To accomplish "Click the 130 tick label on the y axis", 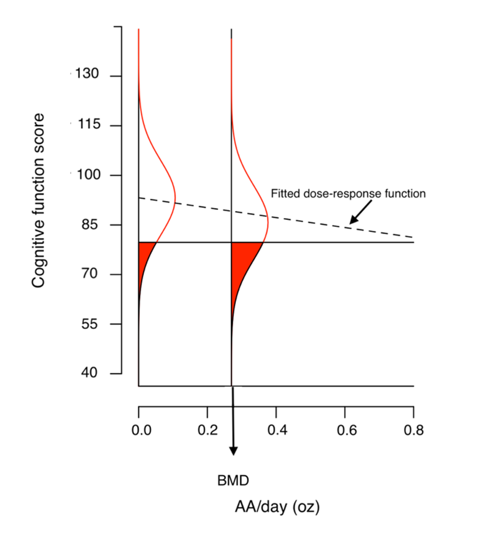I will pyautogui.click(x=87, y=74).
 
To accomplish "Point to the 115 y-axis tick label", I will pyautogui.click(x=89, y=124).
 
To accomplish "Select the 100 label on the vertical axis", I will pyautogui.click(x=89, y=175).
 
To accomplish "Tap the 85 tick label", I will pyautogui.click(x=90, y=224).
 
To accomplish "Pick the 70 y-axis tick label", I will pyautogui.click(x=90, y=273).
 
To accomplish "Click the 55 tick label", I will pyautogui.click(x=90, y=324).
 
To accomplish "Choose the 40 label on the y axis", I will pyautogui.click(x=89, y=372).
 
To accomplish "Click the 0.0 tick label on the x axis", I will pyautogui.click(x=141, y=430).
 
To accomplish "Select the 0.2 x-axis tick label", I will pyautogui.click(x=208, y=430).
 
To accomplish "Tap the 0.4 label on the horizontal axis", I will pyautogui.click(x=277, y=430).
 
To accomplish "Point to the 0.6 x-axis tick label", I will pyautogui.click(x=347, y=430).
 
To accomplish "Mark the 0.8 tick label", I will pyautogui.click(x=413, y=430).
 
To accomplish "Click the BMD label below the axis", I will pyautogui.click(x=233, y=480).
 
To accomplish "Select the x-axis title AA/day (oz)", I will pyautogui.click(x=277, y=507).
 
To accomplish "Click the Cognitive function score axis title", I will pyautogui.click(x=38, y=200).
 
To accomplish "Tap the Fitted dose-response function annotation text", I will pyautogui.click(x=348, y=193).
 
